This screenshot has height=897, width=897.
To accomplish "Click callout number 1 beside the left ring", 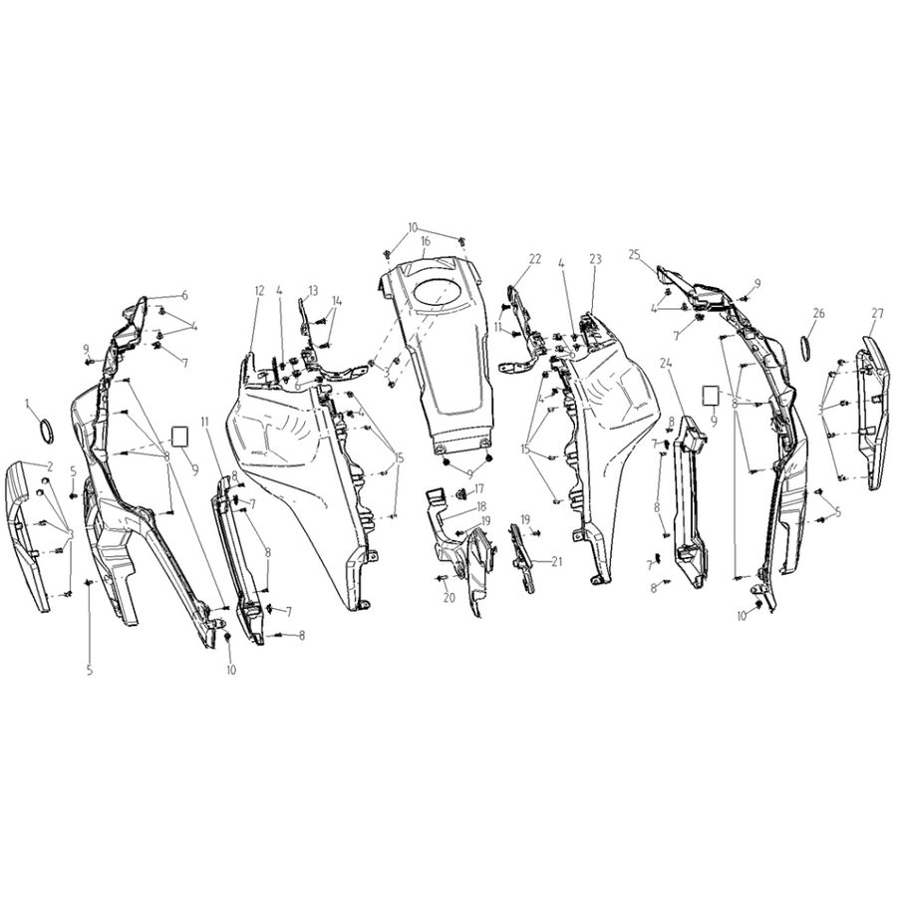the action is click(x=26, y=405).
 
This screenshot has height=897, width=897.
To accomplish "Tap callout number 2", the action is click(x=51, y=467).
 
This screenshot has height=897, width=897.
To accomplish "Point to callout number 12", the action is click(x=260, y=291).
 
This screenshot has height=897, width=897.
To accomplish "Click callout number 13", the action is click(x=312, y=291).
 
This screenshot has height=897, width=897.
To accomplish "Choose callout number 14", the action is click(x=337, y=300).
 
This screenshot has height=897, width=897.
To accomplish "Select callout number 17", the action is click(x=478, y=489).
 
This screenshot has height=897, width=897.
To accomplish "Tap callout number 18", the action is click(x=481, y=505).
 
